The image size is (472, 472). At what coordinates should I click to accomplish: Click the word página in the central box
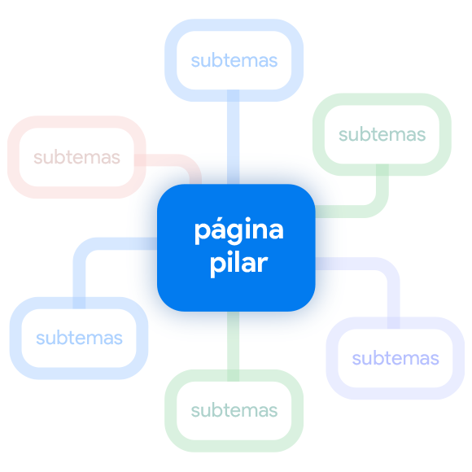coord(239,230)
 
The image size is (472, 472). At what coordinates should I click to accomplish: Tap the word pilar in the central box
coord(238,264)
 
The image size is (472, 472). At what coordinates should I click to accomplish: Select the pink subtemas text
coord(76,157)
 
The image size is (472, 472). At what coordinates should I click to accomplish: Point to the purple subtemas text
coord(396,359)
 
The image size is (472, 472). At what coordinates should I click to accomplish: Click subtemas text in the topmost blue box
coord(234,60)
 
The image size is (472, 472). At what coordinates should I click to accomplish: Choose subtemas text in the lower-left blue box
coord(79,338)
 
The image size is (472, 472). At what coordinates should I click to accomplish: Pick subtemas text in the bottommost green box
coord(234,410)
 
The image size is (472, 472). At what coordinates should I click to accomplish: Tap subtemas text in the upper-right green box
coord(382,134)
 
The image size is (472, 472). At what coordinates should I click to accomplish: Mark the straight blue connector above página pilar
coord(233,137)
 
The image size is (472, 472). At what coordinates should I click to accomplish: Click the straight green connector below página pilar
coord(233,346)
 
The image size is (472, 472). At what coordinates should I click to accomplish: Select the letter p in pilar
coord(216,266)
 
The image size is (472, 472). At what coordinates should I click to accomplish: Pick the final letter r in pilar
coord(263,264)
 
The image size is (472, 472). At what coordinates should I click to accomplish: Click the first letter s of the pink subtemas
coord(37,160)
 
